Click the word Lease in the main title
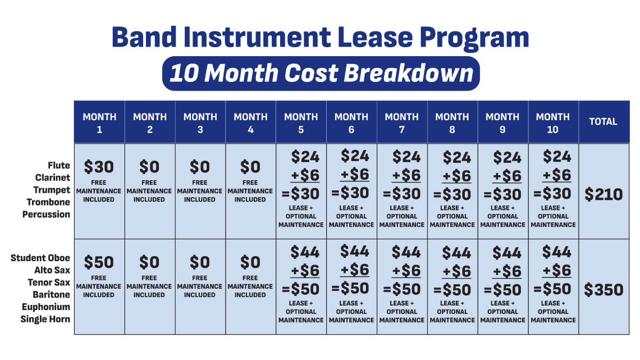tap(375, 37)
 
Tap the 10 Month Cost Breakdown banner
tap(321, 74)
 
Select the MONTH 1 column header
tap(99, 123)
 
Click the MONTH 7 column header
tap(401, 123)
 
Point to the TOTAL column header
tap(604, 122)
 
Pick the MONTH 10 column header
tap(552, 123)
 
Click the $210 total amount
tap(604, 194)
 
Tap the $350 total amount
tap(604, 290)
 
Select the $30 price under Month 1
tap(99, 167)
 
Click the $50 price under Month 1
tap(99, 262)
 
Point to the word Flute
tap(59, 165)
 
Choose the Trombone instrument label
tap(48, 202)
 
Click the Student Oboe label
tap(40, 258)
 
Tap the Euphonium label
tap(45, 307)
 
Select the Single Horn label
tap(45, 319)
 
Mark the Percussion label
tap(46, 215)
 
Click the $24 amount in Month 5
tap(305, 157)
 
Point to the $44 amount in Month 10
tap(557, 252)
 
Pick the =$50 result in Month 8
tap(452, 290)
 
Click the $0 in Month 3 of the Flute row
tap(200, 167)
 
